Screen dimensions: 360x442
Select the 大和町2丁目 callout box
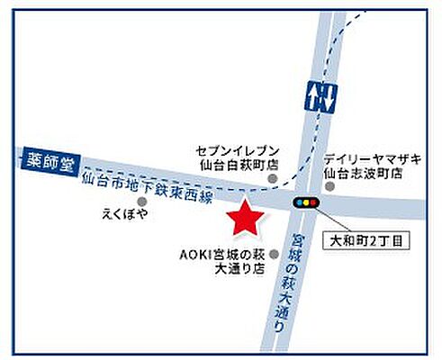[372, 241]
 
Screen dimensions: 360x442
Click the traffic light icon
[306, 203]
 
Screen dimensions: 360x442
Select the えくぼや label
[125, 216]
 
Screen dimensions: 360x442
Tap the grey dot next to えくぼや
[141, 202]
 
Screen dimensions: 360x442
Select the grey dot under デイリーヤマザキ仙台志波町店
[330, 186]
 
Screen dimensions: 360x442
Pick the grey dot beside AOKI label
[274, 254]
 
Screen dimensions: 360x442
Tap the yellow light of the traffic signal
[306, 203]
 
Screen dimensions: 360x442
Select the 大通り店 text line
[234, 268]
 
